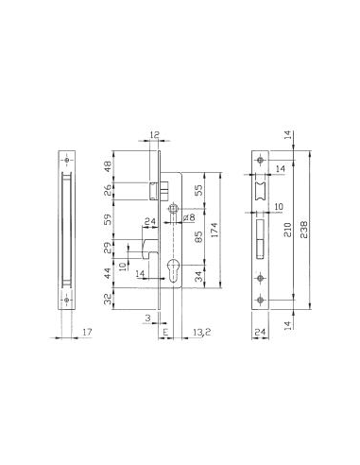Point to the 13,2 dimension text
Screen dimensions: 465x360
pyautogui.click(x=200, y=333)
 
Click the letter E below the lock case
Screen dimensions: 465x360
pyautogui.click(x=165, y=333)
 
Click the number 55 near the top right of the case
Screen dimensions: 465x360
pyautogui.click(x=197, y=190)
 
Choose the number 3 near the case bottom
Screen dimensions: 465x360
pyautogui.click(x=147, y=319)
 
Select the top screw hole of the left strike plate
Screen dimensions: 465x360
pyautogui.click(x=65, y=159)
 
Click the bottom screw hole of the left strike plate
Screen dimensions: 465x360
pyautogui.click(x=65, y=301)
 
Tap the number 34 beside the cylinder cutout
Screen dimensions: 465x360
pyautogui.click(x=197, y=279)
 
